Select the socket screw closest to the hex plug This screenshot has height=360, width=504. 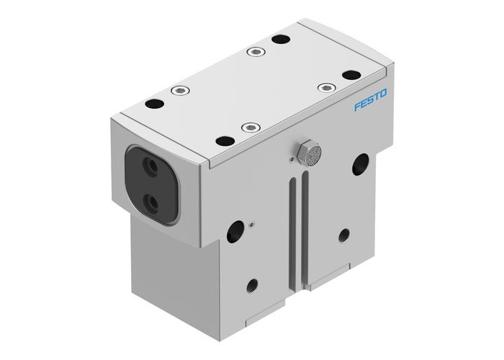click(x=249, y=127)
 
